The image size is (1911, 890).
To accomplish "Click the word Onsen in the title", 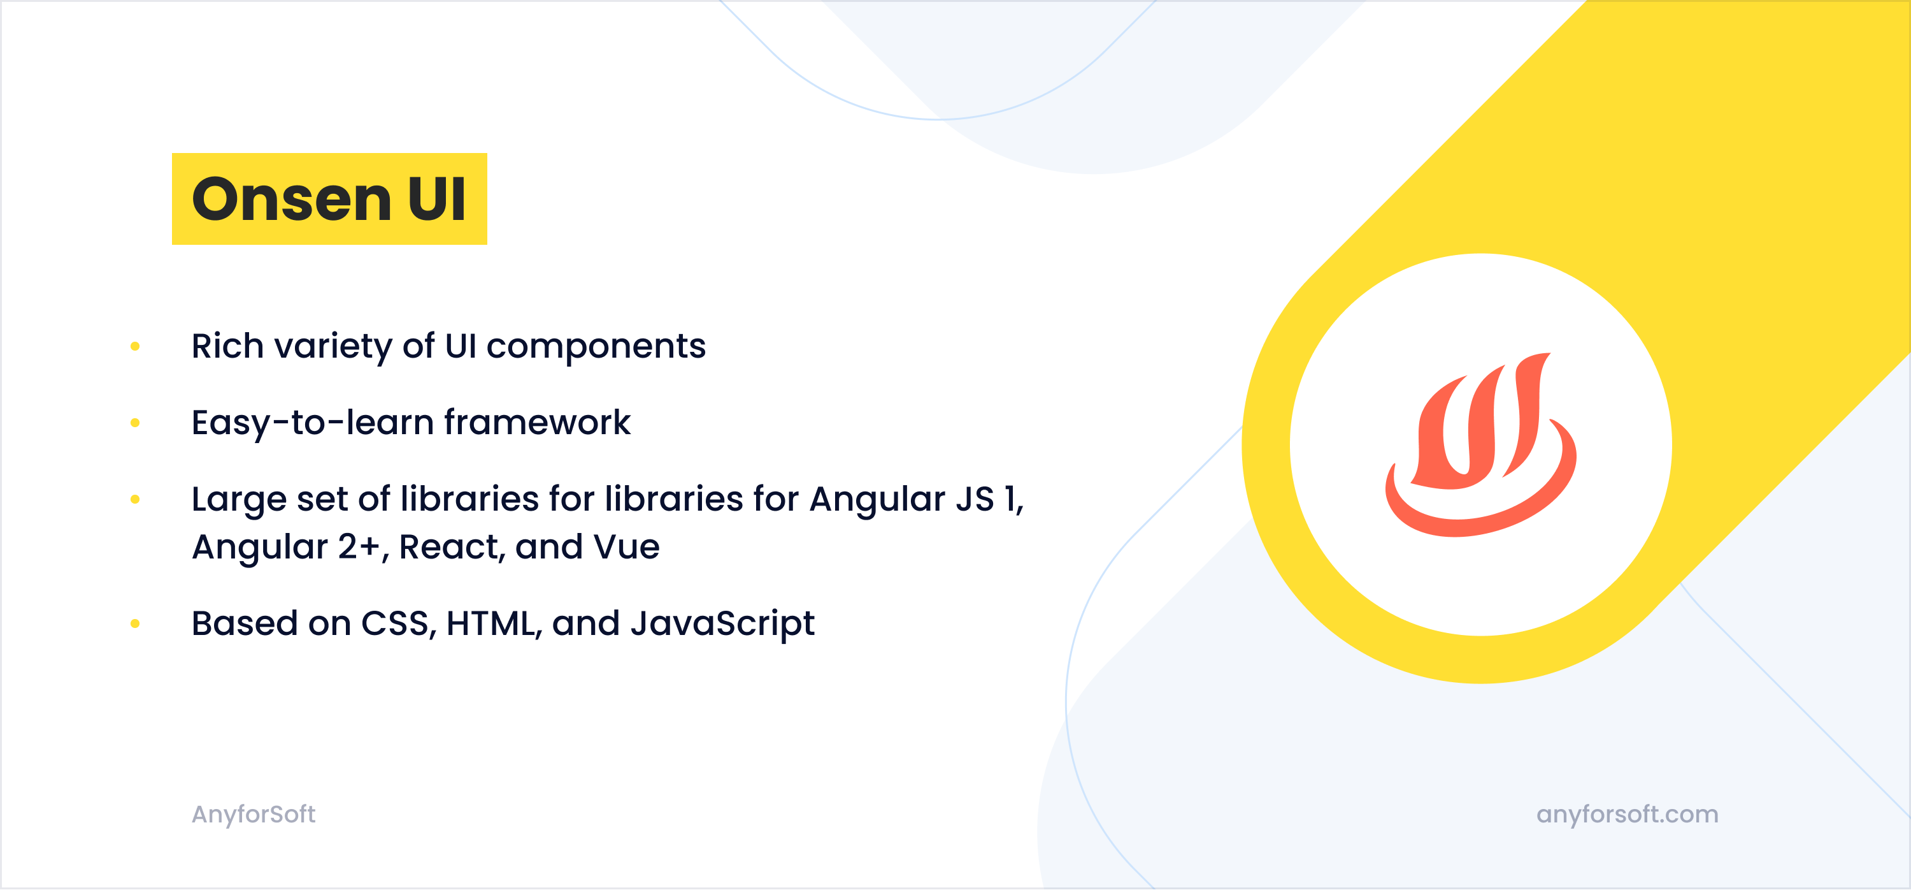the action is coord(291,199).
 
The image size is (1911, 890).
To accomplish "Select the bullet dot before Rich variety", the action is coord(135,346).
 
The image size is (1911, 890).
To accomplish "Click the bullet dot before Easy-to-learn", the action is coord(135,423).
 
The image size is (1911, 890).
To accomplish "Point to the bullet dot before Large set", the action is coord(135,500).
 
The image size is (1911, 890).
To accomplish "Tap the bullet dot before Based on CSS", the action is coord(135,624).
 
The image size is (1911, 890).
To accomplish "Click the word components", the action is coord(596,347).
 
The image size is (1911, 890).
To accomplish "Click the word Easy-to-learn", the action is coord(312,424).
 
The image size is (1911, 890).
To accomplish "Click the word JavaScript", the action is coord(722,624).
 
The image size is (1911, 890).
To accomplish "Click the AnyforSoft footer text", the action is coord(254,815).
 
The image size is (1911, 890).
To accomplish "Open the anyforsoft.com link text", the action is coord(1628,815).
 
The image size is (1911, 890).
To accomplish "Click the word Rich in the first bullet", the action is coord(228,346).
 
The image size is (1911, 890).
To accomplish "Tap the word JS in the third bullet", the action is coord(975,500).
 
